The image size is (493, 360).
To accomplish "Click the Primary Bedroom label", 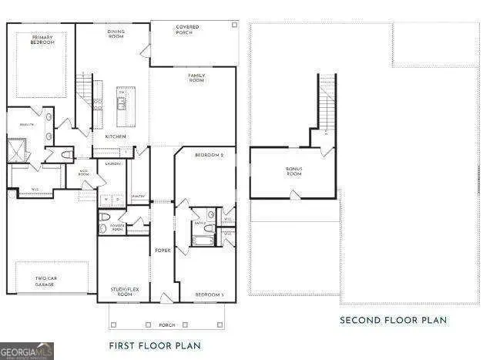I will tap(43, 39).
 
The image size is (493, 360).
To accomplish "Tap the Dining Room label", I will tap(116, 34).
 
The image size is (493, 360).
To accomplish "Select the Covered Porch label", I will tap(187, 30).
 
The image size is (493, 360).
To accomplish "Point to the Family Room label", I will tap(196, 77).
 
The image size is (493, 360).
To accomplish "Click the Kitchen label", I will tap(116, 136).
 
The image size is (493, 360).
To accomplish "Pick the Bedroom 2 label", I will tap(209, 156).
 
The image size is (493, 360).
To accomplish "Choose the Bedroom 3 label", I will tap(209, 295).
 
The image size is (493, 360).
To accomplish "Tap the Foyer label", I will tap(163, 250).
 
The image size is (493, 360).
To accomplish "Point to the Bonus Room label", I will tap(294, 170).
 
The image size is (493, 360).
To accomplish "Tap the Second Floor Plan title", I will tap(394, 320).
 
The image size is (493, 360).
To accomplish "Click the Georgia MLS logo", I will tap(27, 352).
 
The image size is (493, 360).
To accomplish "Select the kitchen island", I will tap(122, 106).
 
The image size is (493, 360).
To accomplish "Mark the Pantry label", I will tap(139, 197).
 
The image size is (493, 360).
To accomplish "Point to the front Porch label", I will tap(166, 324).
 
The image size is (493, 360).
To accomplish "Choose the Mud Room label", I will tap(85, 173).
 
